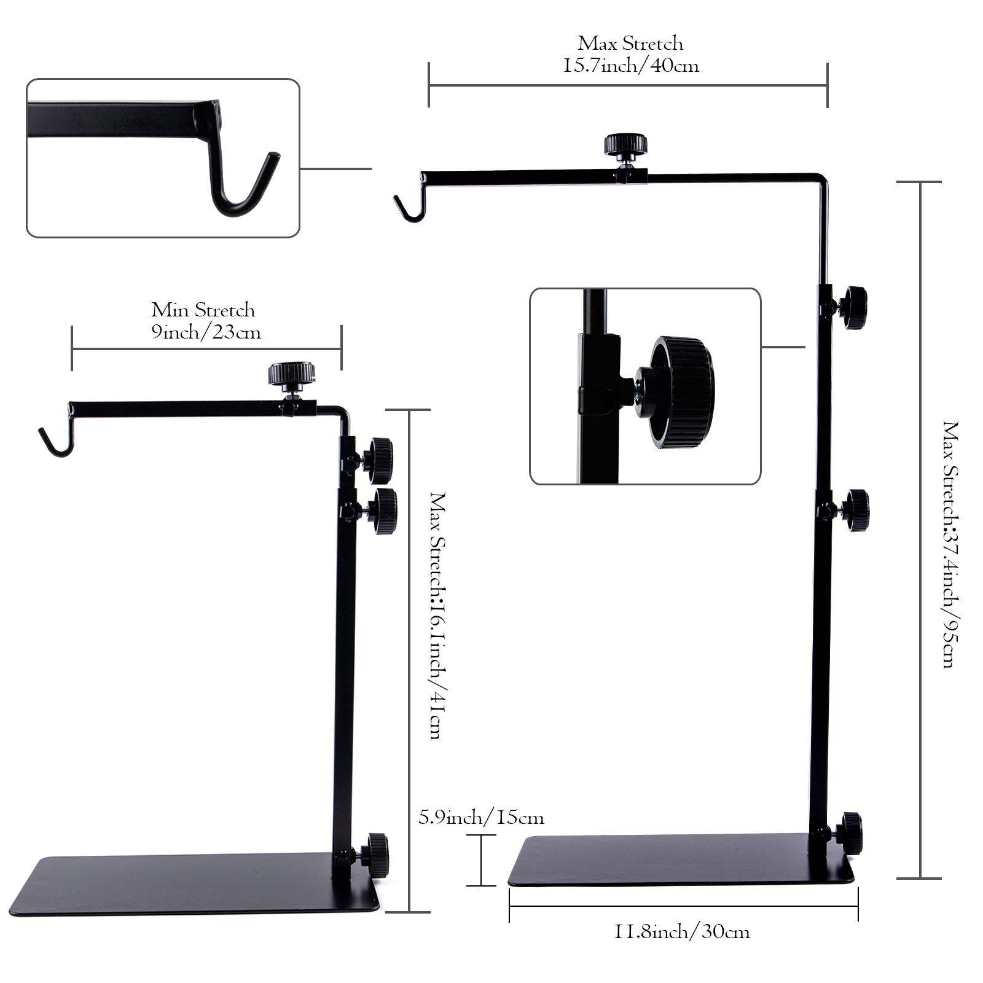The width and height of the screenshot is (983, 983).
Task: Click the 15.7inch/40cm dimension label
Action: click(631, 65)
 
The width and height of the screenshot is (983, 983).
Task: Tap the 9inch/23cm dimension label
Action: click(206, 332)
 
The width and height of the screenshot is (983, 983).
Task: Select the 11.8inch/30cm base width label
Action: click(682, 932)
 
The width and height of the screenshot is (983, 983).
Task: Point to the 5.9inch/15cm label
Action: click(481, 818)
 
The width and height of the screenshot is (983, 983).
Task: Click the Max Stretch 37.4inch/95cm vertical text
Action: click(950, 544)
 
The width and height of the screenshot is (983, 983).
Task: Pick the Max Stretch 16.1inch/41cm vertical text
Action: click(437, 615)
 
